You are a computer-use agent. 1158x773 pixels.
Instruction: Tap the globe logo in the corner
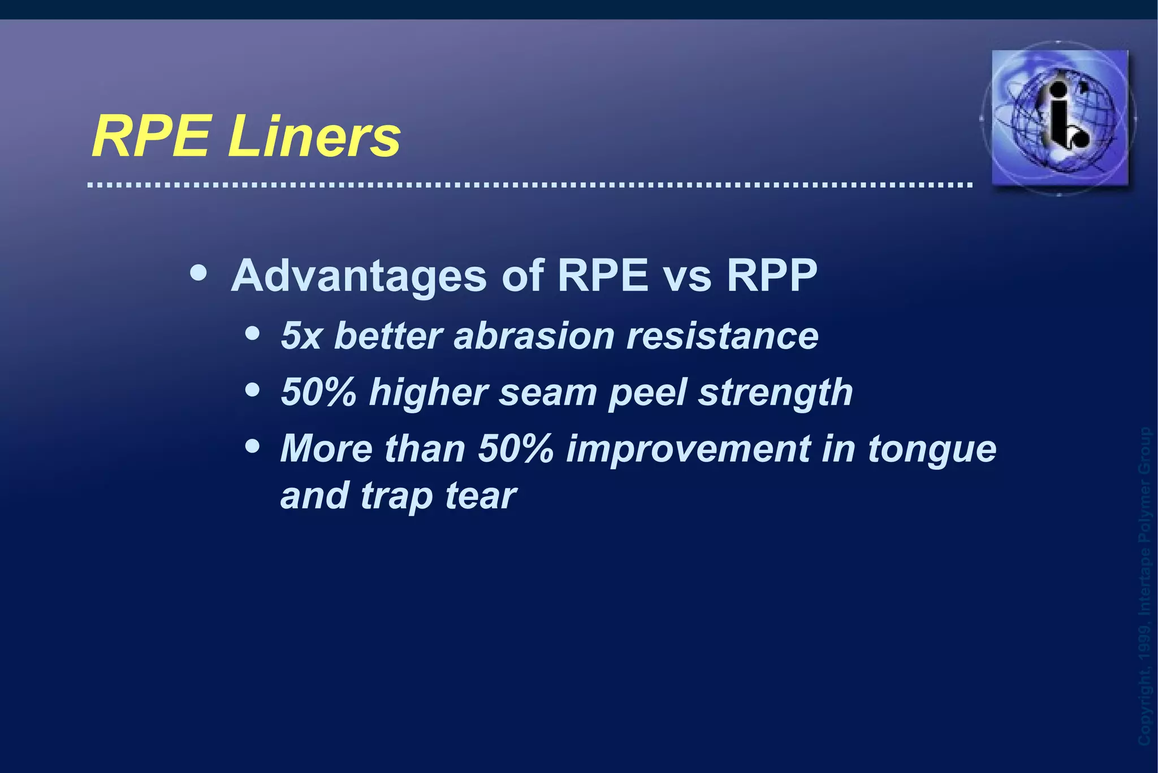(x=1060, y=118)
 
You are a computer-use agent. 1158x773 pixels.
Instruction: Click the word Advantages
(x=359, y=277)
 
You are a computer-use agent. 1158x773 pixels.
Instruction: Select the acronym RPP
(x=772, y=277)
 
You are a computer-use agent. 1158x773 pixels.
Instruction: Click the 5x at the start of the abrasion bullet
(x=301, y=336)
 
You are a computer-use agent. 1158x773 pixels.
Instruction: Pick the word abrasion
(x=534, y=336)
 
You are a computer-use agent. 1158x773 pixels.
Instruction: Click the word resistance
(x=722, y=336)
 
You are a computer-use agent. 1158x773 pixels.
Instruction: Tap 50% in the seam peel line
(x=319, y=392)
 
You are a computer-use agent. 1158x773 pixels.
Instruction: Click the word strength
(x=775, y=392)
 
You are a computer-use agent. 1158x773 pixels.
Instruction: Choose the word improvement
(x=688, y=449)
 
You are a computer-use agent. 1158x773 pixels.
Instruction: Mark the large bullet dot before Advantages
(x=198, y=274)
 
